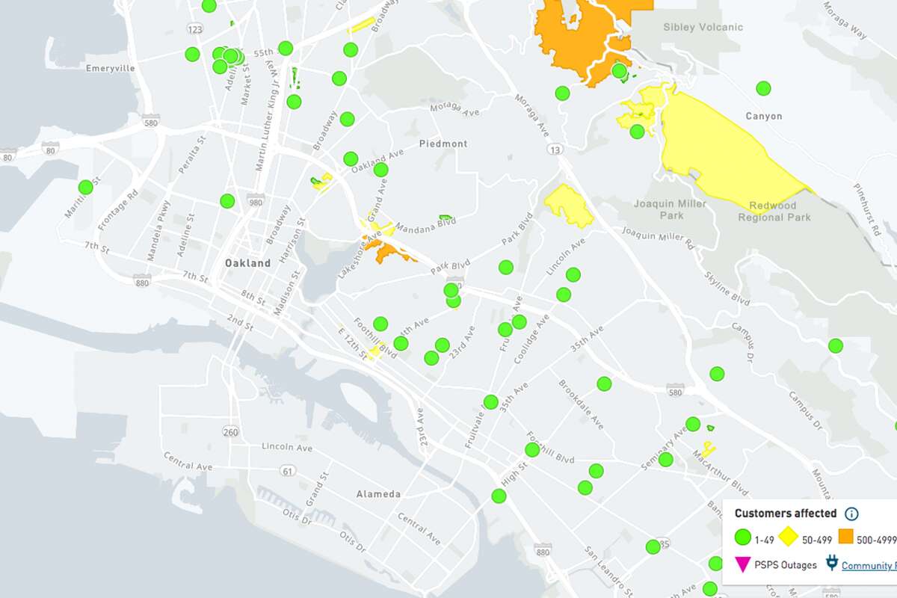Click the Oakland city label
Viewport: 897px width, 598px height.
247,264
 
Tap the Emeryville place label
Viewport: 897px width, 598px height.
110,68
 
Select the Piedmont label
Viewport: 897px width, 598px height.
443,144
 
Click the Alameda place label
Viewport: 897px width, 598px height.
378,494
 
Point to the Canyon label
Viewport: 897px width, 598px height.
763,117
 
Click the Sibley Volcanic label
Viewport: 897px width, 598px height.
703,28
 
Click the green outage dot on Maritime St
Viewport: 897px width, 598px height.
86,187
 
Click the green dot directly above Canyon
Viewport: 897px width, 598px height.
763,88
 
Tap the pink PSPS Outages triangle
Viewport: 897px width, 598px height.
742,565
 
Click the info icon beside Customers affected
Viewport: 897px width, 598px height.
851,514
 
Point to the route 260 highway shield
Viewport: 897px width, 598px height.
230,432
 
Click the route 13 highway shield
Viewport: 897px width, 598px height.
554,150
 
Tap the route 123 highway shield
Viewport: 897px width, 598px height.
196,28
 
